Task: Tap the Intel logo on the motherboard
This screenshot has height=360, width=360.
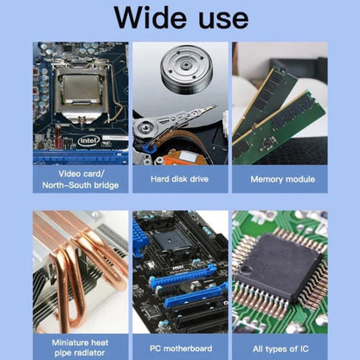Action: (88, 141)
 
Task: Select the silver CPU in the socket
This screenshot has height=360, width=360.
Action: (81, 89)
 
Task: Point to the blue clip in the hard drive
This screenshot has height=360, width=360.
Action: (150, 146)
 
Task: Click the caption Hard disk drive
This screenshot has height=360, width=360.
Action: (179, 179)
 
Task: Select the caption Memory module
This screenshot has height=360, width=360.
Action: (283, 179)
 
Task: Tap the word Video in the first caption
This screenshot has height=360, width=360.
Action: (70, 174)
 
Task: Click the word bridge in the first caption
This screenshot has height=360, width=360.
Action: (105, 185)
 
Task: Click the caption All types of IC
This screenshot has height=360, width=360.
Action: (280, 349)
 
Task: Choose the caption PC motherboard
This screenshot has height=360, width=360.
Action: (181, 349)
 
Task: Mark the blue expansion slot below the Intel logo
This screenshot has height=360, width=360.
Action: (80, 157)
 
